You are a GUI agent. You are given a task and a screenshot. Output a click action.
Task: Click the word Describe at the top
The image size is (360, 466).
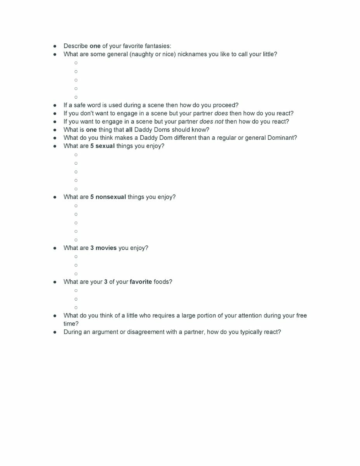point(76,46)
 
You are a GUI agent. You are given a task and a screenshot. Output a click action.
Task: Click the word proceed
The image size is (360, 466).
point(224,105)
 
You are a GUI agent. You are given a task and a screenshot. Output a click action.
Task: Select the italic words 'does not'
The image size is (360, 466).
point(211,122)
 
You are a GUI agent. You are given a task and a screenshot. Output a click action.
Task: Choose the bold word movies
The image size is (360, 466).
point(106,248)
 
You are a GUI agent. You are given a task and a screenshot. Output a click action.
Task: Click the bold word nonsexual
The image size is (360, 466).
point(111,197)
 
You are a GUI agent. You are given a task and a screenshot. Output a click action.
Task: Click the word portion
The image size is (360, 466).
point(191,315)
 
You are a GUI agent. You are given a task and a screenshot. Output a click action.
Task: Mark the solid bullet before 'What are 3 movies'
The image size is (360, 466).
point(55,248)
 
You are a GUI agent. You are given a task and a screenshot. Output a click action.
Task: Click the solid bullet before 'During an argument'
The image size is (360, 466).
point(55,332)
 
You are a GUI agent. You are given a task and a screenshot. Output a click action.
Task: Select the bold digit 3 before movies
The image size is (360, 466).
point(92,248)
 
